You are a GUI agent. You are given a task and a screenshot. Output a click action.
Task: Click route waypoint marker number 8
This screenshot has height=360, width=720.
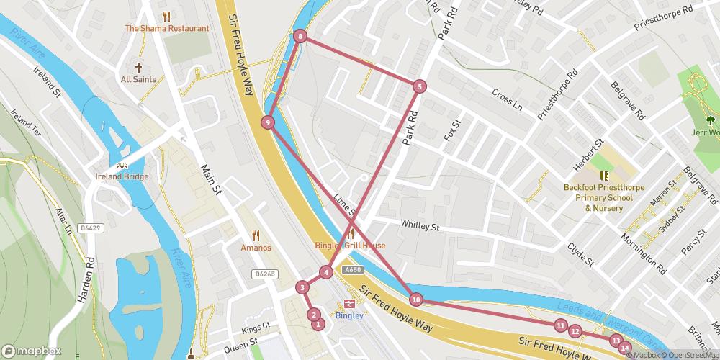[300, 36]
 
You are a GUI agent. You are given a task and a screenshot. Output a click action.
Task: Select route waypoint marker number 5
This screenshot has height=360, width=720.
[420, 86]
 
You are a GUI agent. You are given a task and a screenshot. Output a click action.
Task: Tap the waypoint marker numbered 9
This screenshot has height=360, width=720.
[268, 122]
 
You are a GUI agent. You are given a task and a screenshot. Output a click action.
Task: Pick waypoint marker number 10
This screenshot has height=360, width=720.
[415, 300]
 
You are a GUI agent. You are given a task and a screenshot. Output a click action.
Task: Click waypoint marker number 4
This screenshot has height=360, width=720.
[326, 272]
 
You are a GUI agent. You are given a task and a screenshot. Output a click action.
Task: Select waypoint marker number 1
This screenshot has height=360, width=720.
[318, 325]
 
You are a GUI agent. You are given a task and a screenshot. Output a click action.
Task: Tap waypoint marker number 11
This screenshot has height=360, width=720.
[561, 325]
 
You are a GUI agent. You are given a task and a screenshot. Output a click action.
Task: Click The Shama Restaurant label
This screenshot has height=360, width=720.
[166, 29]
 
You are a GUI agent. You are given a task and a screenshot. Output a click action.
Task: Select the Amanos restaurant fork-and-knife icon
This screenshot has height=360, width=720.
[256, 235]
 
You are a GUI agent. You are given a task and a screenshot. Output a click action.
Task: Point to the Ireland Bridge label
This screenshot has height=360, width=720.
[122, 177]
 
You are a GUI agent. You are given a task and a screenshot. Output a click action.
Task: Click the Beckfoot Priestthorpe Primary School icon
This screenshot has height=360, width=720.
[604, 175]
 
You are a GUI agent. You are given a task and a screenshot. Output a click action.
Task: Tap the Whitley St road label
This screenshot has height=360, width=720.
[420, 226]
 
